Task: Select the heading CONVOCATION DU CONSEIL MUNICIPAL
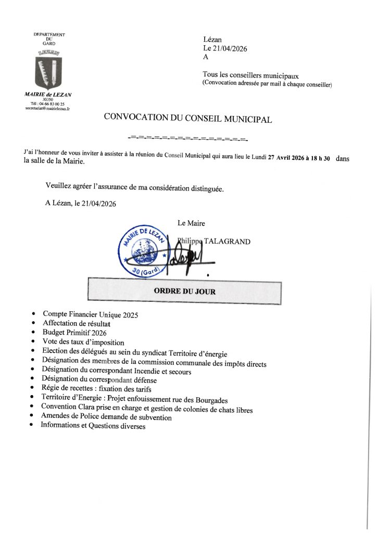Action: pyautogui.click(x=188, y=118)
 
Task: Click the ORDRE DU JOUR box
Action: pyautogui.click(x=184, y=291)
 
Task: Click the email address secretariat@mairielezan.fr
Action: pyautogui.click(x=47, y=109)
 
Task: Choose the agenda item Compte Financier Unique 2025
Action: pyautogui.click(x=91, y=315)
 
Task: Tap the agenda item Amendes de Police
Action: pyautogui.click(x=106, y=417)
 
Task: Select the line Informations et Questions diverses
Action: pyautogui.click(x=93, y=426)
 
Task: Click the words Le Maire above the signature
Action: pyautogui.click(x=191, y=223)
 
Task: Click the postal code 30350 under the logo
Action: pyautogui.click(x=48, y=99)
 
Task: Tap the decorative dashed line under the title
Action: pyautogui.click(x=188, y=139)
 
